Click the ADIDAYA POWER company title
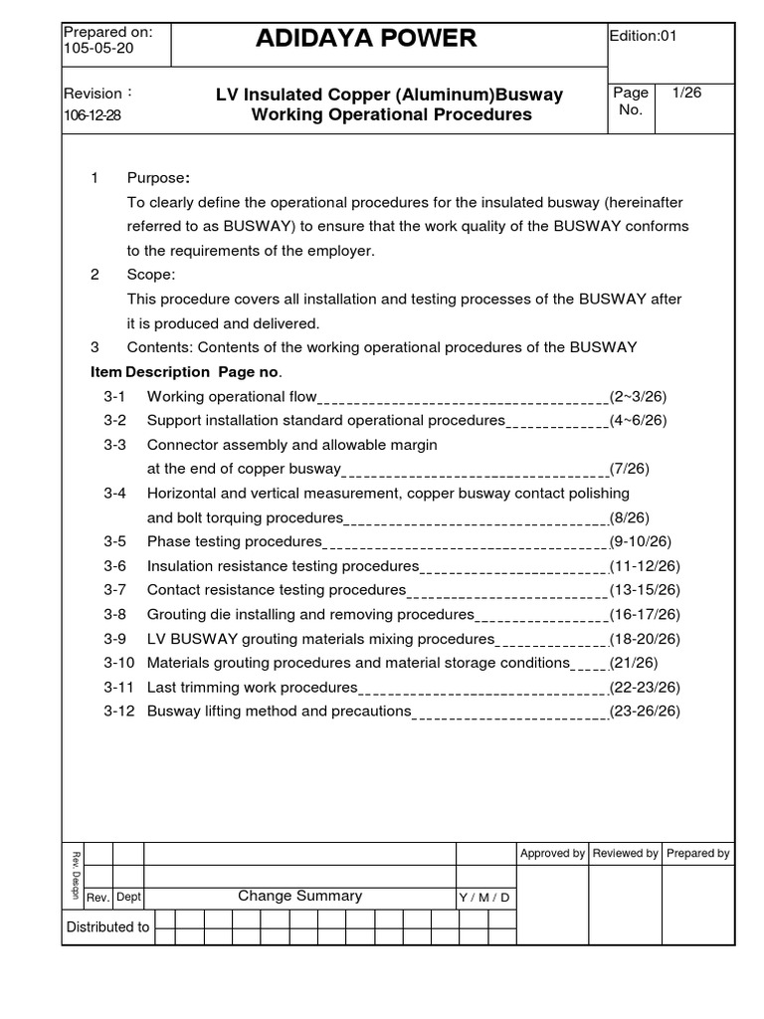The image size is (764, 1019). [x=366, y=39]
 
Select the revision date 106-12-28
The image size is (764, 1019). [x=93, y=114]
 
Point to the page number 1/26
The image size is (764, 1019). [x=687, y=92]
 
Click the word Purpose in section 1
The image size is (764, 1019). [x=157, y=178]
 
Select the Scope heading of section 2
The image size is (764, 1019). [x=150, y=275]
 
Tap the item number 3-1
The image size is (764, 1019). [x=114, y=397]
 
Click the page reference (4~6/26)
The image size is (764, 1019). [x=639, y=421]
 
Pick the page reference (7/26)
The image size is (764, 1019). [x=631, y=469]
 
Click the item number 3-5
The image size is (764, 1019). [x=114, y=542]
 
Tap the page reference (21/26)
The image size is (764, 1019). [x=635, y=663]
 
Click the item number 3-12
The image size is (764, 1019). [x=118, y=712]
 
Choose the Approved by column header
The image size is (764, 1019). [x=552, y=854]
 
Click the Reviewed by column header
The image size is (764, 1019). [x=625, y=854]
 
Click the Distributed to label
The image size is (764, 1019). [x=107, y=927]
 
